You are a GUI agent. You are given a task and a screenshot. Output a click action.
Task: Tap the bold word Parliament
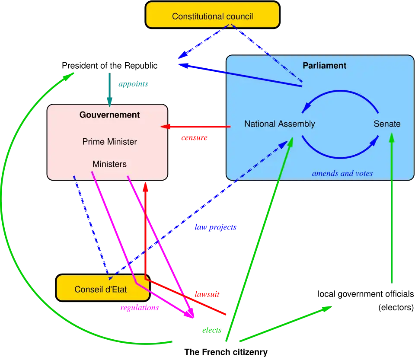coord(324,66)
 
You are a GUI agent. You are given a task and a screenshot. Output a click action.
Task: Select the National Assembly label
coord(279,124)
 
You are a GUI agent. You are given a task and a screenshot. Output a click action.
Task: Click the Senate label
coord(387,124)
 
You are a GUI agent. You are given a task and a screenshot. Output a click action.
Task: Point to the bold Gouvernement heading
coord(109,115)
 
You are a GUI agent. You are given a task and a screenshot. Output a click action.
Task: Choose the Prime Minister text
coord(109,142)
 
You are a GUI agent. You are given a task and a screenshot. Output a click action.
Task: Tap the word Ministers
coord(109,164)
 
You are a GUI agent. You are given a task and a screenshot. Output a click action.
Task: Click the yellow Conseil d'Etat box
coord(101,289)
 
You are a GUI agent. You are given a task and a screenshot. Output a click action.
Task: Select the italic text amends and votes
coord(342,173)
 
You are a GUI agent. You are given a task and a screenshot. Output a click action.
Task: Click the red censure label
coord(194,138)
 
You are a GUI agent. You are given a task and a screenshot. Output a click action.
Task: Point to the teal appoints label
coord(133,85)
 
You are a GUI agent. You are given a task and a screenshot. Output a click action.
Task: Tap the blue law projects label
coord(215,227)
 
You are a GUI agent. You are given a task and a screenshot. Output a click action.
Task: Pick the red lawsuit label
coord(207,294)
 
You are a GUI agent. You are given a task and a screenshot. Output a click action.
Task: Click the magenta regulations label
coord(139,308)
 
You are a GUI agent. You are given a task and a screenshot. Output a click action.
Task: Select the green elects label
coord(211,330)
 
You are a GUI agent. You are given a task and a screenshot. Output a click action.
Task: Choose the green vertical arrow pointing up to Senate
coord(392,207)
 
